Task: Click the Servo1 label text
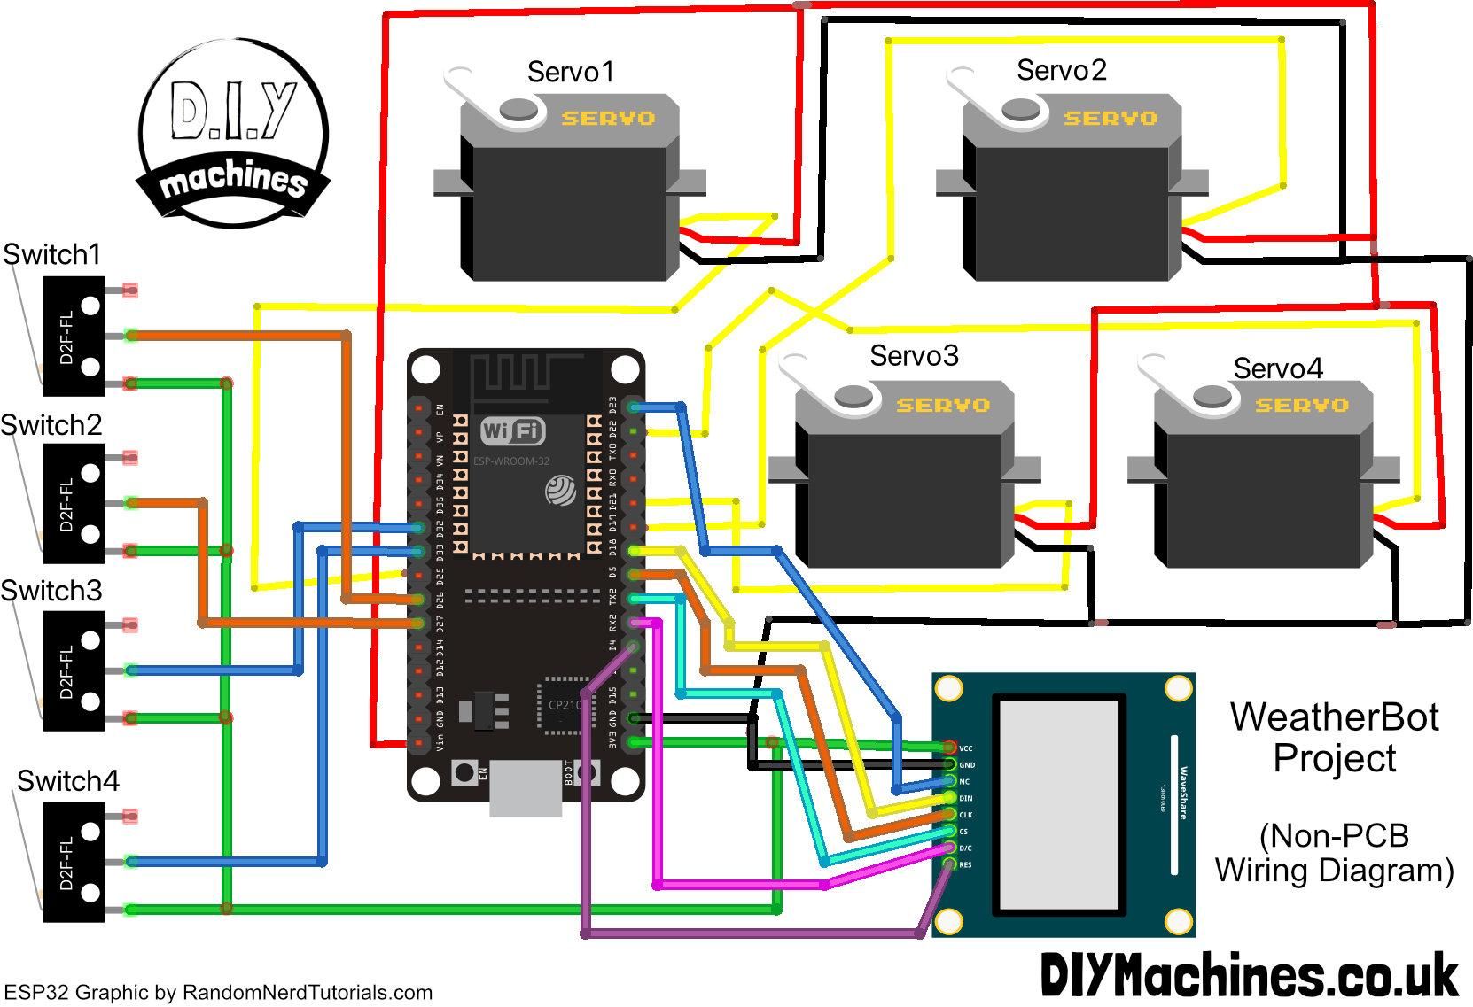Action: (x=570, y=72)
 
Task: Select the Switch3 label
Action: (x=51, y=591)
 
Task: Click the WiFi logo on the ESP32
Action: (x=512, y=432)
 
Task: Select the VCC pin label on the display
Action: (x=966, y=748)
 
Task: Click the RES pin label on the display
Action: (x=965, y=864)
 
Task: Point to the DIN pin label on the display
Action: (x=966, y=798)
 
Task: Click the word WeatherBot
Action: (x=1334, y=717)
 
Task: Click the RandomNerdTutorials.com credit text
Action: (x=308, y=993)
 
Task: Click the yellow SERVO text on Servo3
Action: (x=942, y=405)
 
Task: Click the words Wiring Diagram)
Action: (x=1334, y=871)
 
